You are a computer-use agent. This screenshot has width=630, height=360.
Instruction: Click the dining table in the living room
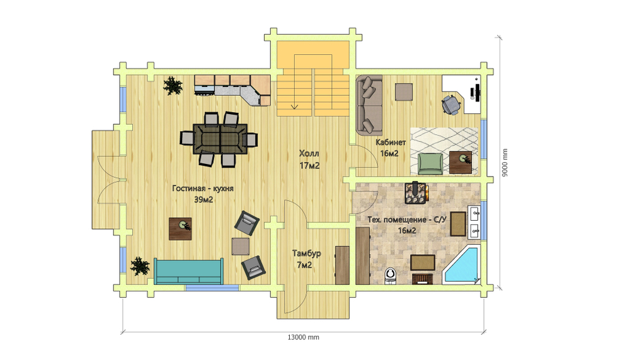[220, 139]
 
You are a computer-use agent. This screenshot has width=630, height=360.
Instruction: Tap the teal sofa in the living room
[188, 272]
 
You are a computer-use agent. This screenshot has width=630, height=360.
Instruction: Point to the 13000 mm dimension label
[304, 337]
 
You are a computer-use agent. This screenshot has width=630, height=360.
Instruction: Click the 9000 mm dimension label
[505, 163]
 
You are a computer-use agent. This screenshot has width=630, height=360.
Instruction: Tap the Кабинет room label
[391, 142]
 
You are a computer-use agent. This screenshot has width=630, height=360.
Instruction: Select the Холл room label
[309, 153]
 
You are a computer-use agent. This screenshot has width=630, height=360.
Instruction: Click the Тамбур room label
[307, 253]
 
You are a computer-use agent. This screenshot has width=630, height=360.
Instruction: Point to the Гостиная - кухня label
[203, 189]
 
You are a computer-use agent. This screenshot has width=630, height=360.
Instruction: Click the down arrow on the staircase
[294, 107]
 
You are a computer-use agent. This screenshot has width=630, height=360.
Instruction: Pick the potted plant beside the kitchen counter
[173, 86]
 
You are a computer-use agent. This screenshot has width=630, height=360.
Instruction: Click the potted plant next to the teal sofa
[140, 266]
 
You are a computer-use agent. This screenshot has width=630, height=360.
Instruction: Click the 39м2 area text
[203, 199]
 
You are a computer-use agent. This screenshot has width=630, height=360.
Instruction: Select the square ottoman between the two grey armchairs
[240, 246]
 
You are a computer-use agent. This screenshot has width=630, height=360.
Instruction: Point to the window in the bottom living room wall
[212, 288]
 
